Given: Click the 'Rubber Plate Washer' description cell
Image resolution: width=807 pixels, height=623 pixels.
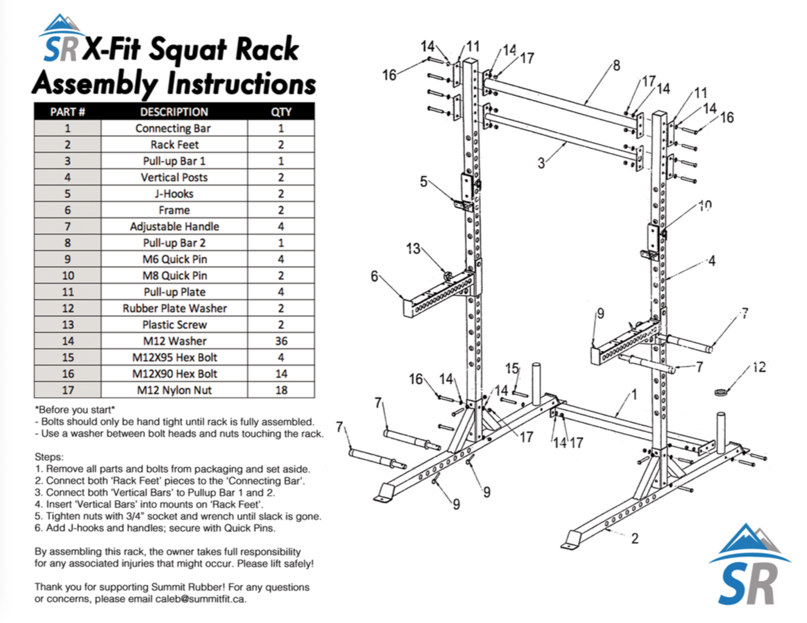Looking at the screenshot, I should click(174, 309).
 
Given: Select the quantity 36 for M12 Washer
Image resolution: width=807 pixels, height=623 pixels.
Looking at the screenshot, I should click(281, 341).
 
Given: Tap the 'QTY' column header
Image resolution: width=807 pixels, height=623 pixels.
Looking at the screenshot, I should click(281, 112).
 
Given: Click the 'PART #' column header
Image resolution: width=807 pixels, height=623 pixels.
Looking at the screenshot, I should click(68, 112).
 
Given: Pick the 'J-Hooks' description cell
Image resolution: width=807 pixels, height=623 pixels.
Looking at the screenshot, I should click(174, 194).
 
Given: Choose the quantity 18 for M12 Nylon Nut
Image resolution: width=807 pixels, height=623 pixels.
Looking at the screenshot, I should click(281, 390).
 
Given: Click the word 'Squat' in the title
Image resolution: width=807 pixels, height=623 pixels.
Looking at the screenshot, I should click(188, 50).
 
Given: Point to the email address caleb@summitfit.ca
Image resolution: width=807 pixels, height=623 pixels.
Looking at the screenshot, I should click(200, 599).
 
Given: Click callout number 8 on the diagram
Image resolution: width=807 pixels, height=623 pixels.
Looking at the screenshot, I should click(616, 65).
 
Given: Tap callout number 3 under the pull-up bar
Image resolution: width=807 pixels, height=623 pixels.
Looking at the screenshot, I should click(541, 163).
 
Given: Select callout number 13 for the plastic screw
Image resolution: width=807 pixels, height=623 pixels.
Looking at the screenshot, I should click(413, 248).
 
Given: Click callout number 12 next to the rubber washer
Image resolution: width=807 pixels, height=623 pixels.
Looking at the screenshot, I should click(759, 367).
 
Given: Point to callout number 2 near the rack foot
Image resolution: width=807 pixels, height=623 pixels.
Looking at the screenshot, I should click(635, 539).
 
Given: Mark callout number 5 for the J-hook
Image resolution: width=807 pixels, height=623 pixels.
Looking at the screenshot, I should click(424, 181).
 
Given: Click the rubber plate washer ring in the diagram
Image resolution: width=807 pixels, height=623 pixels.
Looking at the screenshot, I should click(721, 390).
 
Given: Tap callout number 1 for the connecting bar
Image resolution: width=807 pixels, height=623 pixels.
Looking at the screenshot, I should click(634, 394).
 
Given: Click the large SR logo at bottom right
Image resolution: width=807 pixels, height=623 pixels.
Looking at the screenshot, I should click(749, 566).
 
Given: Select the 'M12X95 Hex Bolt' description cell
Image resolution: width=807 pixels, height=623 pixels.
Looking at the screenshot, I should click(174, 357).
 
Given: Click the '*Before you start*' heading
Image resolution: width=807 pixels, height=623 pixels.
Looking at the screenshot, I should click(75, 410).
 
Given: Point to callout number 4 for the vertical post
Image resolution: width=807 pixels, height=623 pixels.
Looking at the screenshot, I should click(711, 260).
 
